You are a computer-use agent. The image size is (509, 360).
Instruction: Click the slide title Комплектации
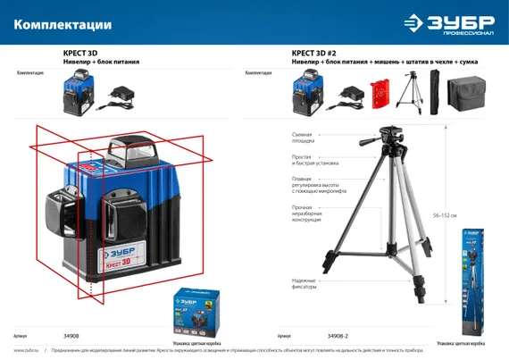click(x=63, y=24)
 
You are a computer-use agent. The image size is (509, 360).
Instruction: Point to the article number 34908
click(x=71, y=336)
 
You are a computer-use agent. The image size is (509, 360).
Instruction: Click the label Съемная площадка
click(x=303, y=137)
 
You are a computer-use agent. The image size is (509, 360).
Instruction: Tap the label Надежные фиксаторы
click(x=305, y=285)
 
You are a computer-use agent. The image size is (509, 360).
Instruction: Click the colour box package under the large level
click(x=196, y=312)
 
